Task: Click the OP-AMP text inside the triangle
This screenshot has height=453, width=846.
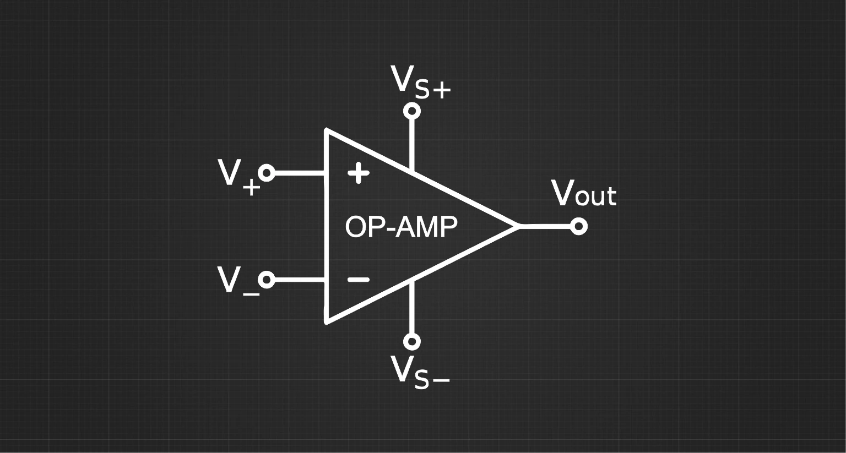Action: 401,227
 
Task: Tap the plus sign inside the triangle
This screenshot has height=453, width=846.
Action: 359,173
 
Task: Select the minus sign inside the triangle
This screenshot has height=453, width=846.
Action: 359,280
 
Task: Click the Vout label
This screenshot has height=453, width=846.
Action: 584,194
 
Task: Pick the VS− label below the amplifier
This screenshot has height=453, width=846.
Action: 420,373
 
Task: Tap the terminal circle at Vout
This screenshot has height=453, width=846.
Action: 578,226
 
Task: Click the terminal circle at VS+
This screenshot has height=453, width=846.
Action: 411,111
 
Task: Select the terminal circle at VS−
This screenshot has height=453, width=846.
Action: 411,341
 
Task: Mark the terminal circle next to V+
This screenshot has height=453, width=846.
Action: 267,173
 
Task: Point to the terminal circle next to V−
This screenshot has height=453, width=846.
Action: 267,280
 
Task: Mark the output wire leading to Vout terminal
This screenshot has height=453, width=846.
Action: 545,226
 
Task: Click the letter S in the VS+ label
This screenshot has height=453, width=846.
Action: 422,90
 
